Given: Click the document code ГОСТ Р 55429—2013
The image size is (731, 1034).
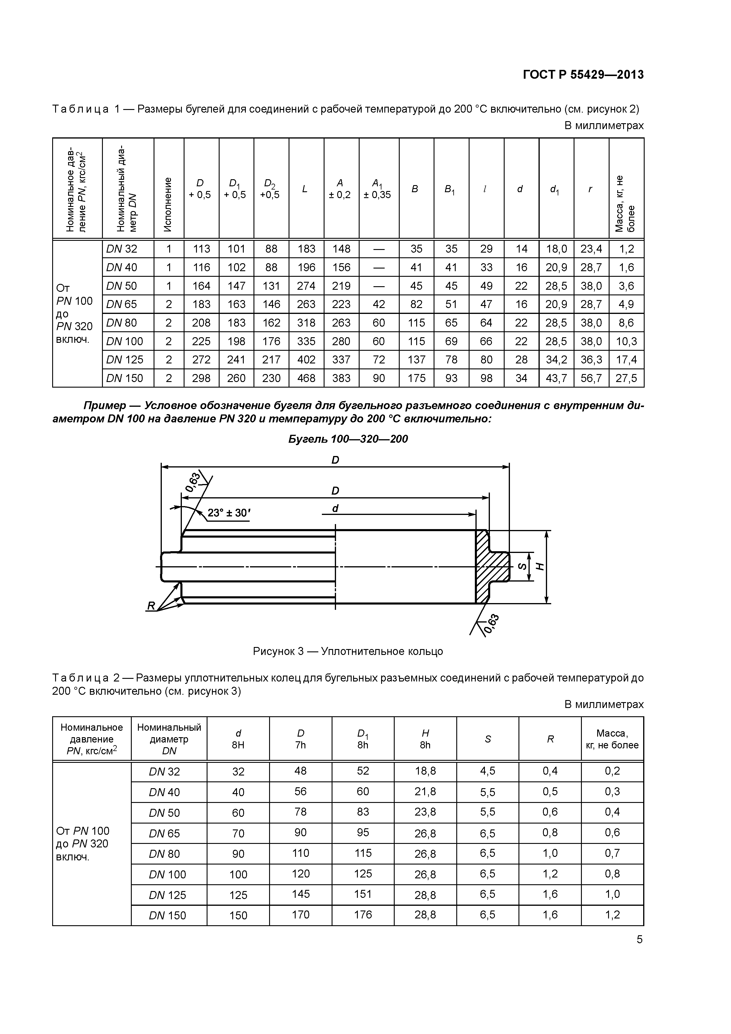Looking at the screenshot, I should [x=583, y=75].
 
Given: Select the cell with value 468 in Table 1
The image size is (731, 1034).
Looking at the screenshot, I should [x=306, y=378].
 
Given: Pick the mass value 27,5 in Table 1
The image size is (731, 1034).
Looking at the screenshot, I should [x=626, y=378].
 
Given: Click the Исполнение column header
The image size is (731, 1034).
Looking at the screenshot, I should [x=168, y=204].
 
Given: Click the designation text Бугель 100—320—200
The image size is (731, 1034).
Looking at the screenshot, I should [x=348, y=439].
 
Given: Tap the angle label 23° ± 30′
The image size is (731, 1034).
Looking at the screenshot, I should [x=229, y=513].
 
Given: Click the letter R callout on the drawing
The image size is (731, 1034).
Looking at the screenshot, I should [x=151, y=607].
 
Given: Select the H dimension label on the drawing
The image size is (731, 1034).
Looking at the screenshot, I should [x=541, y=567].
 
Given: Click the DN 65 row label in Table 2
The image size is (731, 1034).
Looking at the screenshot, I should [x=164, y=834].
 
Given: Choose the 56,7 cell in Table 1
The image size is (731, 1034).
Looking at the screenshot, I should [x=591, y=378].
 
